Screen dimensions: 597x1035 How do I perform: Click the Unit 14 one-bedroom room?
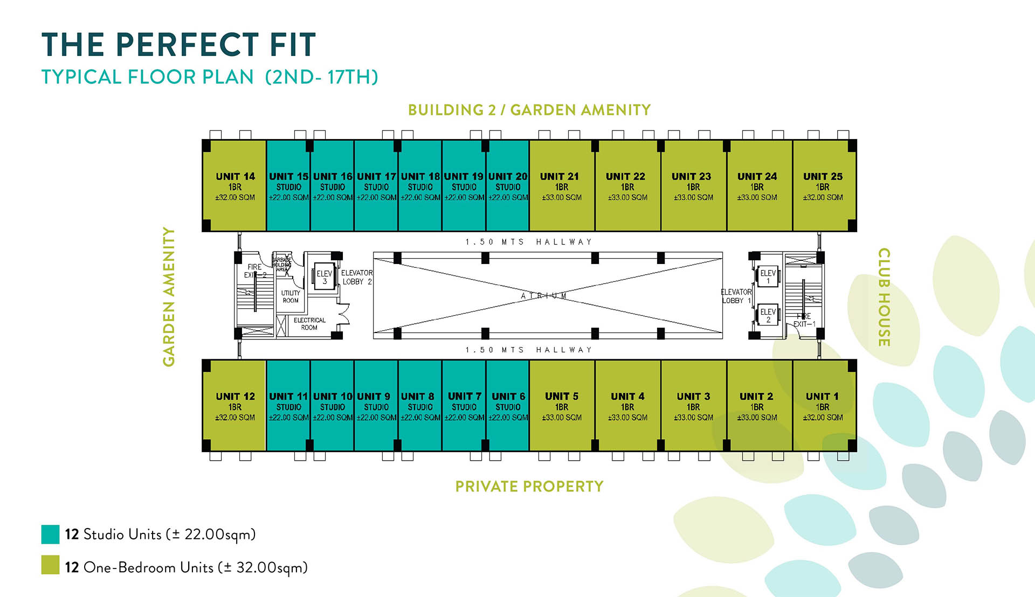[234, 186]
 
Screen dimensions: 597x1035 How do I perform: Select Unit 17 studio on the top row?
[376, 186]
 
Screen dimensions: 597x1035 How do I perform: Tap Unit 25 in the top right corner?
[823, 186]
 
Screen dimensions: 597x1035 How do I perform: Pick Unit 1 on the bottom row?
[823, 406]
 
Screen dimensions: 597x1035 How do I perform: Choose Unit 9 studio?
[376, 406]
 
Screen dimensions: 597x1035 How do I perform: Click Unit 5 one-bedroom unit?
[562, 406]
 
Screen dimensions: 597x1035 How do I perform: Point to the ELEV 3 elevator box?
[325, 277]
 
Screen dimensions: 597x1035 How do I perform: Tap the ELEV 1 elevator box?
[768, 276]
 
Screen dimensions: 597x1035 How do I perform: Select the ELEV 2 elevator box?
[768, 315]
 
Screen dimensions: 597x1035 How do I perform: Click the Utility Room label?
[291, 297]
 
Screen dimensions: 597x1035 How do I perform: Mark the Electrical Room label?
[309, 324]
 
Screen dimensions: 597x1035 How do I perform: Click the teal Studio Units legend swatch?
[50, 534]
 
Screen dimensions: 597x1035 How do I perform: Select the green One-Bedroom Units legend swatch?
[50, 565]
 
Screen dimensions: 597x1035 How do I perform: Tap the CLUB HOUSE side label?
[884, 297]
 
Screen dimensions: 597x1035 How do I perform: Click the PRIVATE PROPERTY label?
[529, 487]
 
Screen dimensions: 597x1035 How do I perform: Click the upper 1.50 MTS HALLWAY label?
[529, 242]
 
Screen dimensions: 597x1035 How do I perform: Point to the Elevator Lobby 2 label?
[356, 277]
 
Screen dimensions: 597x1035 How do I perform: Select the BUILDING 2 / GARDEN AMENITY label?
[529, 110]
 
